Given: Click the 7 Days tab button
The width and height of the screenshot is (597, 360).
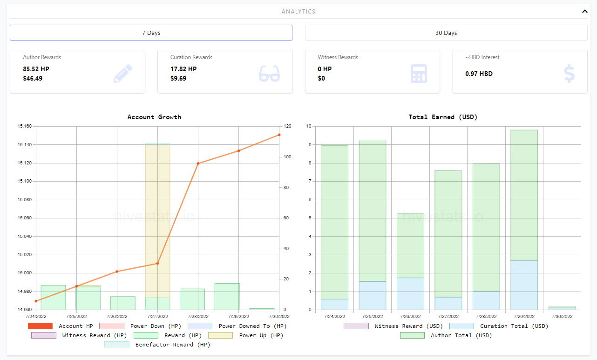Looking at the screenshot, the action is click(151, 33).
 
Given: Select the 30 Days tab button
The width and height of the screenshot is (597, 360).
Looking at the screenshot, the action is click(446, 33).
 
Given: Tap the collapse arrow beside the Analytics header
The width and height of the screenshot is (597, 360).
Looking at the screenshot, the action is click(585, 11).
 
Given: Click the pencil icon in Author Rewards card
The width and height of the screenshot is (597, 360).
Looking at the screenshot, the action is click(123, 73).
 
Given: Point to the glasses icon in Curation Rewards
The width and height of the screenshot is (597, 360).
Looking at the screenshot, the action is click(269, 73).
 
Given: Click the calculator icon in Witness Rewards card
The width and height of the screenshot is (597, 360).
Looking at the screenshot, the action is click(419, 74).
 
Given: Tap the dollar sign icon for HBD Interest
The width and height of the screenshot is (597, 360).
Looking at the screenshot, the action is click(569, 74).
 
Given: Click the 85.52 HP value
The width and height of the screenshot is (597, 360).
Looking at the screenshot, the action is click(36, 69).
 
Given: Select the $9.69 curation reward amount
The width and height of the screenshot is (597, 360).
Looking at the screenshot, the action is click(178, 78).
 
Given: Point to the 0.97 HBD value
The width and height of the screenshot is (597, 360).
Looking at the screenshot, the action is click(479, 74).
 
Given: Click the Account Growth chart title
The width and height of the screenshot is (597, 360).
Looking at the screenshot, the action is click(154, 117).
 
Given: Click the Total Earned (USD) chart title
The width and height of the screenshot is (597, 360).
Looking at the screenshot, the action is click(443, 117).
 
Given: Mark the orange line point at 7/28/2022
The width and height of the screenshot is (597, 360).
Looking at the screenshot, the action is click(198, 163).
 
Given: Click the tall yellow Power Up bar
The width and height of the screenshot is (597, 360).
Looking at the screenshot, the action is click(157, 221).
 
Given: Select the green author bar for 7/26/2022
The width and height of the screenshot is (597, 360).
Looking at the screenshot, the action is click(410, 246).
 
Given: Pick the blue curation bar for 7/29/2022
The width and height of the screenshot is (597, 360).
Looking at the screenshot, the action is click(524, 285).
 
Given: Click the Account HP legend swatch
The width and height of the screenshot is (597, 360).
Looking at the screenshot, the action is click(40, 326).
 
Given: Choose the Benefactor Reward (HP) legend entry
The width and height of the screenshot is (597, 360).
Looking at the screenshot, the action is click(157, 345).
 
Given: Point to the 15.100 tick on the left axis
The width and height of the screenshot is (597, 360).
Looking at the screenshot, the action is click(25, 181).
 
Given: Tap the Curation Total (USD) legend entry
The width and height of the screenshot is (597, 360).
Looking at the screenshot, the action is click(499, 326).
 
